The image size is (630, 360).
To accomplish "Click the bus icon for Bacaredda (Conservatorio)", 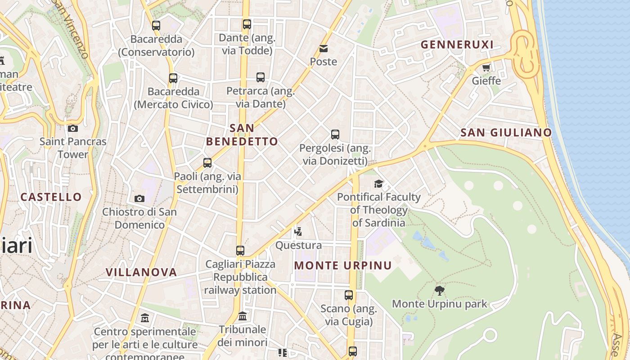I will click(x=156, y=26).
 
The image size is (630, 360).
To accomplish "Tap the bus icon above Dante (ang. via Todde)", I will click(x=247, y=24).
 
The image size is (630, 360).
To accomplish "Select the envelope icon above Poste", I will click(x=324, y=49).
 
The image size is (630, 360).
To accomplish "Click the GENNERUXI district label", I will click(x=457, y=45).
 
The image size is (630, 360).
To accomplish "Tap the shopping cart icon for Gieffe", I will click(x=486, y=68).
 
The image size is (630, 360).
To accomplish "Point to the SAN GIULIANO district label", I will click(x=506, y=133).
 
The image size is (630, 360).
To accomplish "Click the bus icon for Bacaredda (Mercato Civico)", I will click(x=173, y=78).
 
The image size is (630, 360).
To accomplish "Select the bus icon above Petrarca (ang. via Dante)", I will click(x=261, y=77).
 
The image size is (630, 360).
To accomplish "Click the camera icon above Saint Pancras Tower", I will click(x=72, y=128).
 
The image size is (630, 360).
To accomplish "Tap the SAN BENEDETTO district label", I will click(x=242, y=135).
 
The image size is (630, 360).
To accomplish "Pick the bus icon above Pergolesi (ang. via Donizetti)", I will click(x=335, y=135).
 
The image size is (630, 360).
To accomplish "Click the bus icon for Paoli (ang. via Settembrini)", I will click(x=207, y=163).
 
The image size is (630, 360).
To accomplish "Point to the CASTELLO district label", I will click(x=51, y=197).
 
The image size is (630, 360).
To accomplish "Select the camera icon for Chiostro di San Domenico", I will click(x=139, y=198).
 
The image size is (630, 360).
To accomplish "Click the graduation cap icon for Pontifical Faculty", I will click(x=379, y=184).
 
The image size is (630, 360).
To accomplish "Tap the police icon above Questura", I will click(x=298, y=232).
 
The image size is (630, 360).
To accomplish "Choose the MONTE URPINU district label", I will click(x=343, y=265).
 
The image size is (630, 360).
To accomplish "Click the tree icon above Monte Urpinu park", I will click(x=440, y=291).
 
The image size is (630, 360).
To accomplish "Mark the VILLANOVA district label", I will click(x=141, y=272).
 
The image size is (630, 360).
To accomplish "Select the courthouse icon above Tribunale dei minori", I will click(x=243, y=316).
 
